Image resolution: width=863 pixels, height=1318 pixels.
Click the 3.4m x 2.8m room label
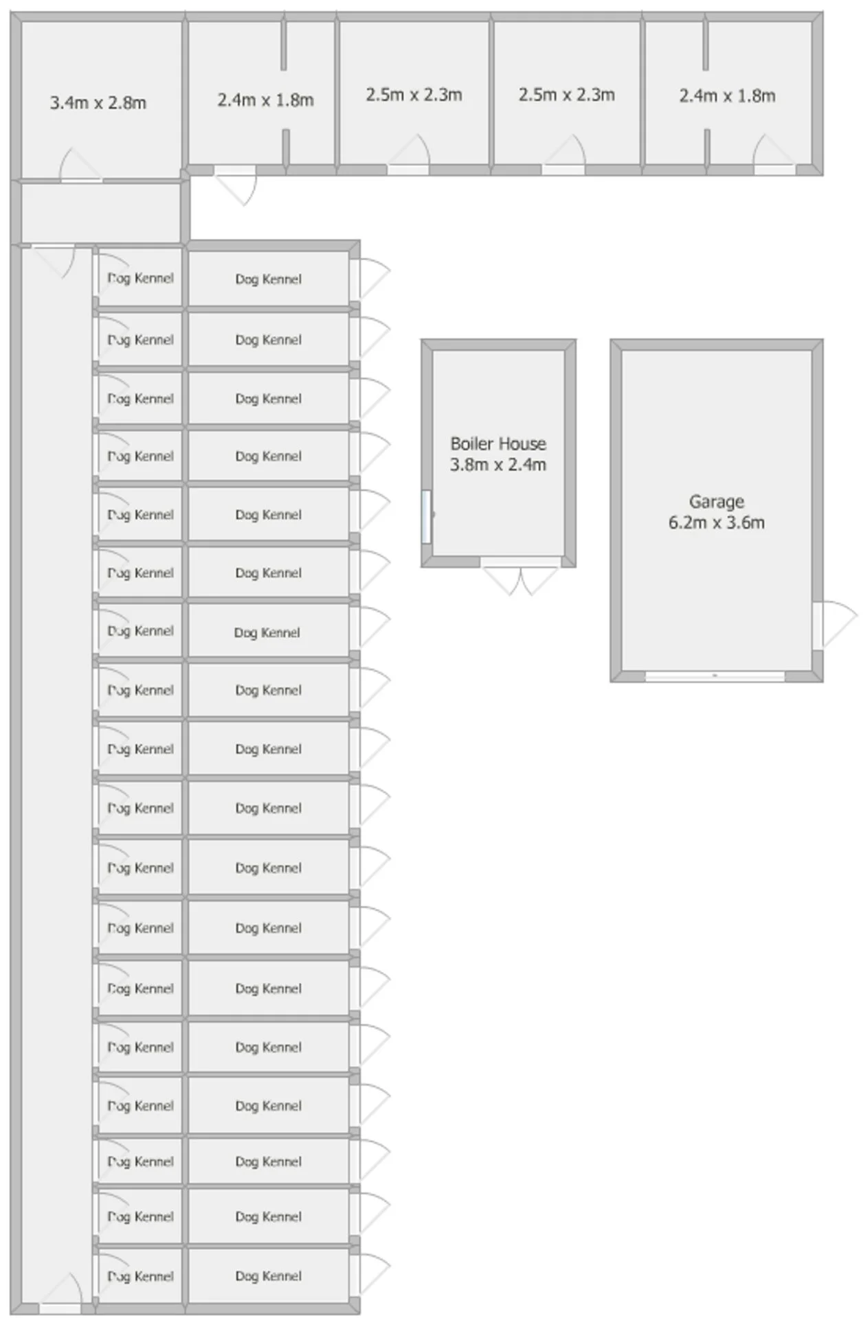98,103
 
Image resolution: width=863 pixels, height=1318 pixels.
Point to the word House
523,443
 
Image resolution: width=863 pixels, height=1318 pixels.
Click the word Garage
717,502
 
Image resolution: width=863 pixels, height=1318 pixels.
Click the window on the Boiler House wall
427,516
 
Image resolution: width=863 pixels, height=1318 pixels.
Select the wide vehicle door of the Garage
715,676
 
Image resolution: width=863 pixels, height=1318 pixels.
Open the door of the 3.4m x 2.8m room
81,166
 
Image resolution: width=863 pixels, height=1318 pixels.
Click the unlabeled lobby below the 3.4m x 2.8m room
102,213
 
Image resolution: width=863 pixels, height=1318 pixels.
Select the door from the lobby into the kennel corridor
54,260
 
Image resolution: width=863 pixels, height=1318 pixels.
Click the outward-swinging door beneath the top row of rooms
235,184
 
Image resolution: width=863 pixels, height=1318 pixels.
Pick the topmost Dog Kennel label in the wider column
269,279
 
